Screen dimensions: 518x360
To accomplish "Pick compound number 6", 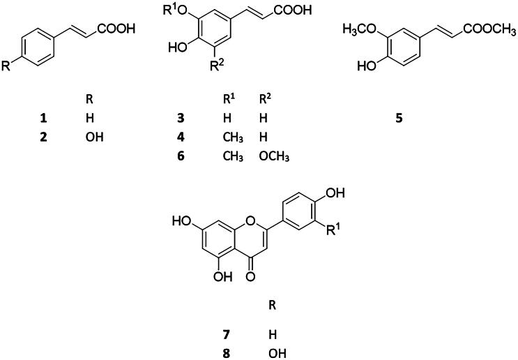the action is point(180,156).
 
